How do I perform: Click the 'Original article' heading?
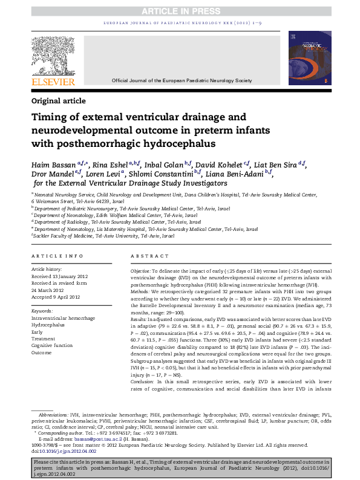click(x=59, y=101)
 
